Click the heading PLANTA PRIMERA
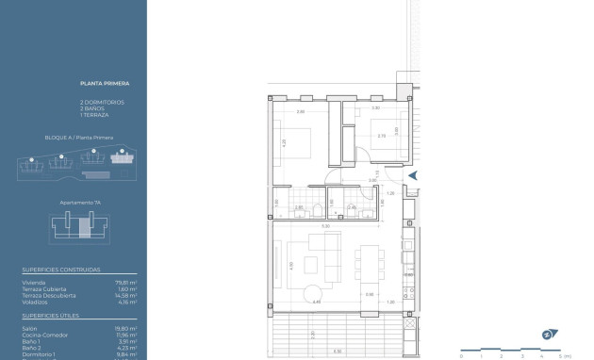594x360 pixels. coord(96,86)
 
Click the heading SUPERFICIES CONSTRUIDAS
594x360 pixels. coord(58,270)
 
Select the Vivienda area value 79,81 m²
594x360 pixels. coord(127,280)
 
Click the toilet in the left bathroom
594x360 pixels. coord(319,209)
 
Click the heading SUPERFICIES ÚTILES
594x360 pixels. coord(51,318)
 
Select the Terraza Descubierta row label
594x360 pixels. coord(46,295)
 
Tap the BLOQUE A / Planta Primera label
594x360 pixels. coord(78,138)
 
